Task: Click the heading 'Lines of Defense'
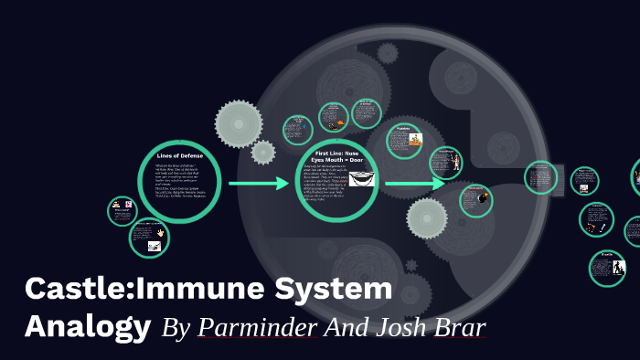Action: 179,156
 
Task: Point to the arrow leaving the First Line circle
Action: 413,185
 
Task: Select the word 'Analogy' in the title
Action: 88,325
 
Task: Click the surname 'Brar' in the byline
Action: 460,326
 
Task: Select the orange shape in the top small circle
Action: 341,122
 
